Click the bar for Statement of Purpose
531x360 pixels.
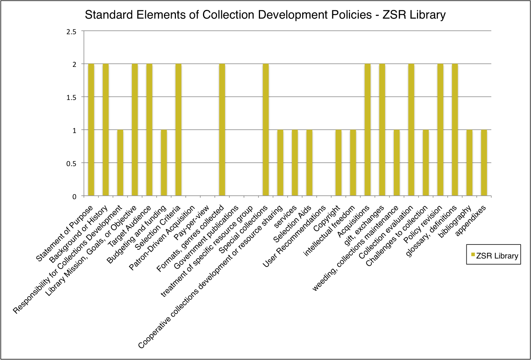(91, 130)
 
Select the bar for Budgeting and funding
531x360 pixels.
(164, 163)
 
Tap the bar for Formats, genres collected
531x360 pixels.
(222, 130)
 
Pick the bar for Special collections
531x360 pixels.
(266, 130)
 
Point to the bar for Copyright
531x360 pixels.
(338, 163)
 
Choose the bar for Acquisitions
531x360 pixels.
(368, 130)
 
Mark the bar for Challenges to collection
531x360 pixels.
(426, 163)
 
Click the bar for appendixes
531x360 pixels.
(484, 163)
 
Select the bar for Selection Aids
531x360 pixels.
(309, 163)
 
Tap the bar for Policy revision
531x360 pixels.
(440, 130)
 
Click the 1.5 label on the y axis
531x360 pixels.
(71, 97)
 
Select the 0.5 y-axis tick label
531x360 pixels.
(71, 163)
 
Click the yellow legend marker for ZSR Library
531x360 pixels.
(473, 254)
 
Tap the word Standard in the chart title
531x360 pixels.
(104, 15)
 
